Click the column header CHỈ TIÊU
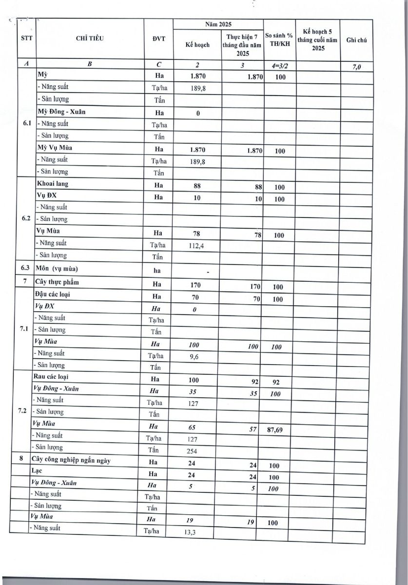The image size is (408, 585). tap(90, 39)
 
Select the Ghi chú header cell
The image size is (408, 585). tap(356, 40)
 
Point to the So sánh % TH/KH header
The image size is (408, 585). tap(279, 40)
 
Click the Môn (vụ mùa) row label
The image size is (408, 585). tap(57, 269)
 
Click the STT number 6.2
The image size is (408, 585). tap(27, 218)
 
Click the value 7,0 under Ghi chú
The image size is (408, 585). tap(356, 68)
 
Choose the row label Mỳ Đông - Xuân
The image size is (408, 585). tap(61, 112)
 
